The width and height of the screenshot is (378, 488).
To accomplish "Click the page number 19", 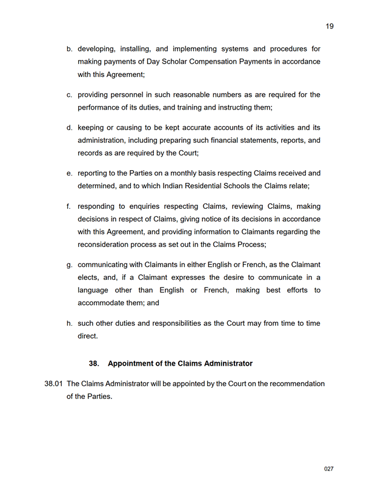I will click(x=330, y=26).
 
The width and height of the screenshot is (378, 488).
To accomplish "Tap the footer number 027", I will click(x=329, y=469).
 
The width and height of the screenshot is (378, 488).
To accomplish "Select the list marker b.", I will click(x=70, y=48).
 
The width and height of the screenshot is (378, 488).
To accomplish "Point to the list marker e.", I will click(x=70, y=173).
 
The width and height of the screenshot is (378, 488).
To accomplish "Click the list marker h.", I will click(x=70, y=323).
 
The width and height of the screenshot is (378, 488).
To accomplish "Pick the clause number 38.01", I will click(x=54, y=384).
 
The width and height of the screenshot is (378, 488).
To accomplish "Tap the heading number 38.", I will click(x=94, y=364).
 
